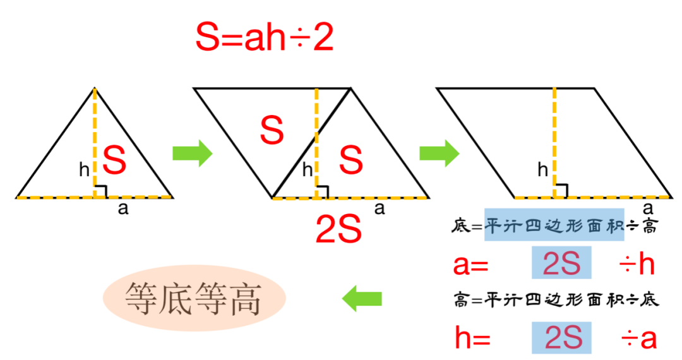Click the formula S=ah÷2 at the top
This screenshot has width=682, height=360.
pyautogui.click(x=264, y=38)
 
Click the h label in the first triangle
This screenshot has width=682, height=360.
pyautogui.click(x=84, y=169)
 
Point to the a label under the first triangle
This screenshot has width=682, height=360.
pyautogui.click(x=123, y=209)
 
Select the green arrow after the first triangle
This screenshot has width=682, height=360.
pyautogui.click(x=193, y=153)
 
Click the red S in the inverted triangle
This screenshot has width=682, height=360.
pyautogui.click(x=272, y=131)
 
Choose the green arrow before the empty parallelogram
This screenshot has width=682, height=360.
pyautogui.click(x=440, y=153)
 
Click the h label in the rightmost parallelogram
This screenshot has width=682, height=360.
pyautogui.click(x=542, y=169)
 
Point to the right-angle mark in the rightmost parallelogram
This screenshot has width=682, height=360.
pyautogui.click(x=561, y=190)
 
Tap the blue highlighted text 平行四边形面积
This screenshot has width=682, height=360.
pyautogui.click(x=554, y=224)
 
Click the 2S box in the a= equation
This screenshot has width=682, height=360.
pyautogui.click(x=561, y=264)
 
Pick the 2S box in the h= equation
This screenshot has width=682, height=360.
pyautogui.click(x=561, y=339)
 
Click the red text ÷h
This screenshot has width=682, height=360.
pyautogui.click(x=636, y=265)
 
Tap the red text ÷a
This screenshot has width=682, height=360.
pyautogui.click(x=638, y=339)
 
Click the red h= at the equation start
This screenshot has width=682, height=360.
pyautogui.click(x=472, y=339)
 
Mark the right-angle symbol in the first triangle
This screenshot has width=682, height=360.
pyautogui.click(x=100, y=191)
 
